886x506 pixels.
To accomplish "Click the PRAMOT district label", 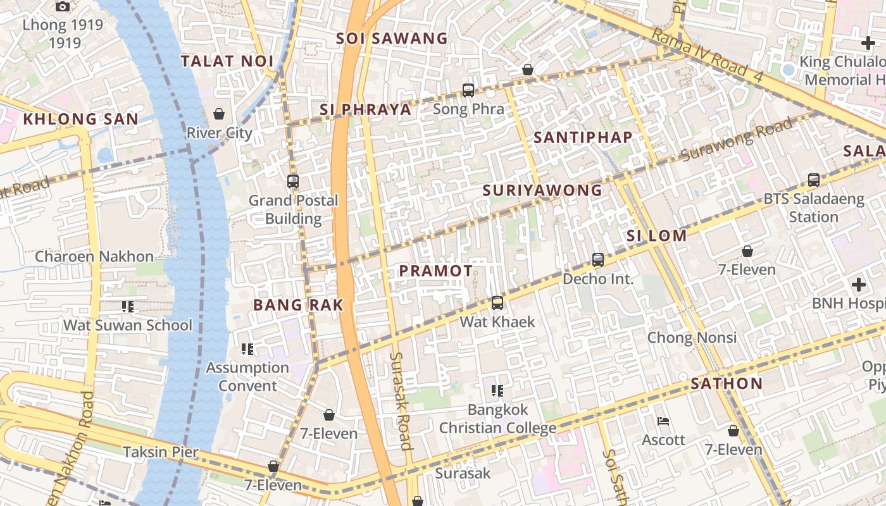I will point(435,271).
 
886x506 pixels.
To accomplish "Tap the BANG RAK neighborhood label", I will point(298,305).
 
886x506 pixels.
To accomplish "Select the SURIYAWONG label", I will point(542,190).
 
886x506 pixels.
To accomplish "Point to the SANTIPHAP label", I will point(583,137).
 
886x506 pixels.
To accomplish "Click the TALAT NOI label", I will point(227,61).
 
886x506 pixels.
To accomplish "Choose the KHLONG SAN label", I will point(80,119).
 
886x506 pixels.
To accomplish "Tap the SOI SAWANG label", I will point(392,39).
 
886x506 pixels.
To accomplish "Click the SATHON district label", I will point(727,384).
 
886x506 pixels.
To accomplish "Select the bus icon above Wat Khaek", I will point(497,303).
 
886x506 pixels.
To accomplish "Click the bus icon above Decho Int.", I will point(598,260).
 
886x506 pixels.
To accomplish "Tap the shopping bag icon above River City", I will point(219,114).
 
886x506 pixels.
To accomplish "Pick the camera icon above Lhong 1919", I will point(62,7).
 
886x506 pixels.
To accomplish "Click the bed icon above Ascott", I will point(663,421).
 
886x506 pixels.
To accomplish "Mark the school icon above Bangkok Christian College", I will point(497,391).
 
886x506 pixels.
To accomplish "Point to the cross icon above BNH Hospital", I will point(858,285).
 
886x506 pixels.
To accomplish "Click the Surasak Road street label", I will point(401,400).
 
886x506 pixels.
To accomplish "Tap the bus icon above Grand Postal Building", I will point(292,182).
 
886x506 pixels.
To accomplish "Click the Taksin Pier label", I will point(161,452).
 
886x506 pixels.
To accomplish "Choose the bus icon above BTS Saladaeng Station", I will point(814,180).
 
